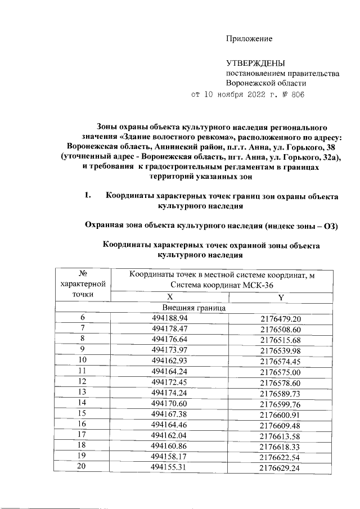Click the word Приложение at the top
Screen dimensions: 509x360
(x=249, y=39)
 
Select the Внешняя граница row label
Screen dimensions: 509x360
(x=194, y=308)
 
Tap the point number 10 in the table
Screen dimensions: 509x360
(x=83, y=359)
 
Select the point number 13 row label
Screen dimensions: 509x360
(x=83, y=391)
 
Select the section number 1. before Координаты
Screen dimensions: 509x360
(x=87, y=196)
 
